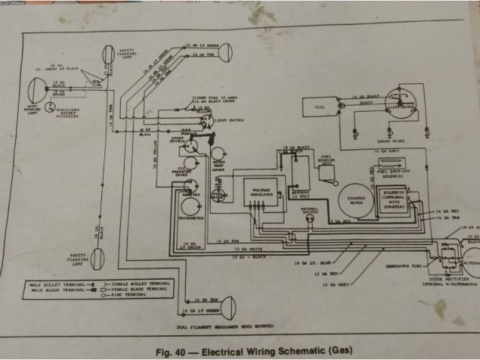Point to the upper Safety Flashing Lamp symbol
(x=106, y=56)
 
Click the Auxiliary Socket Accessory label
(x=70, y=109)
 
